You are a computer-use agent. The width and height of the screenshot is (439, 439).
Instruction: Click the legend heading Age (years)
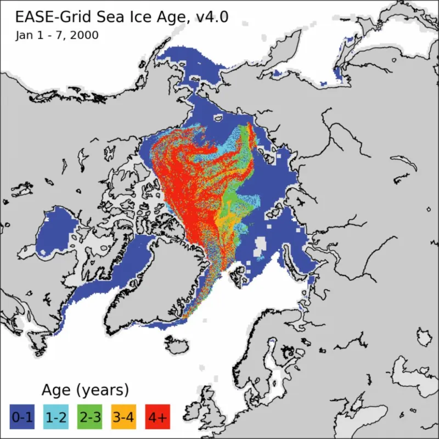(x=85, y=390)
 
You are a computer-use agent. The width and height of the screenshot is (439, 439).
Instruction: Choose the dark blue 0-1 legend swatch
(x=22, y=418)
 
